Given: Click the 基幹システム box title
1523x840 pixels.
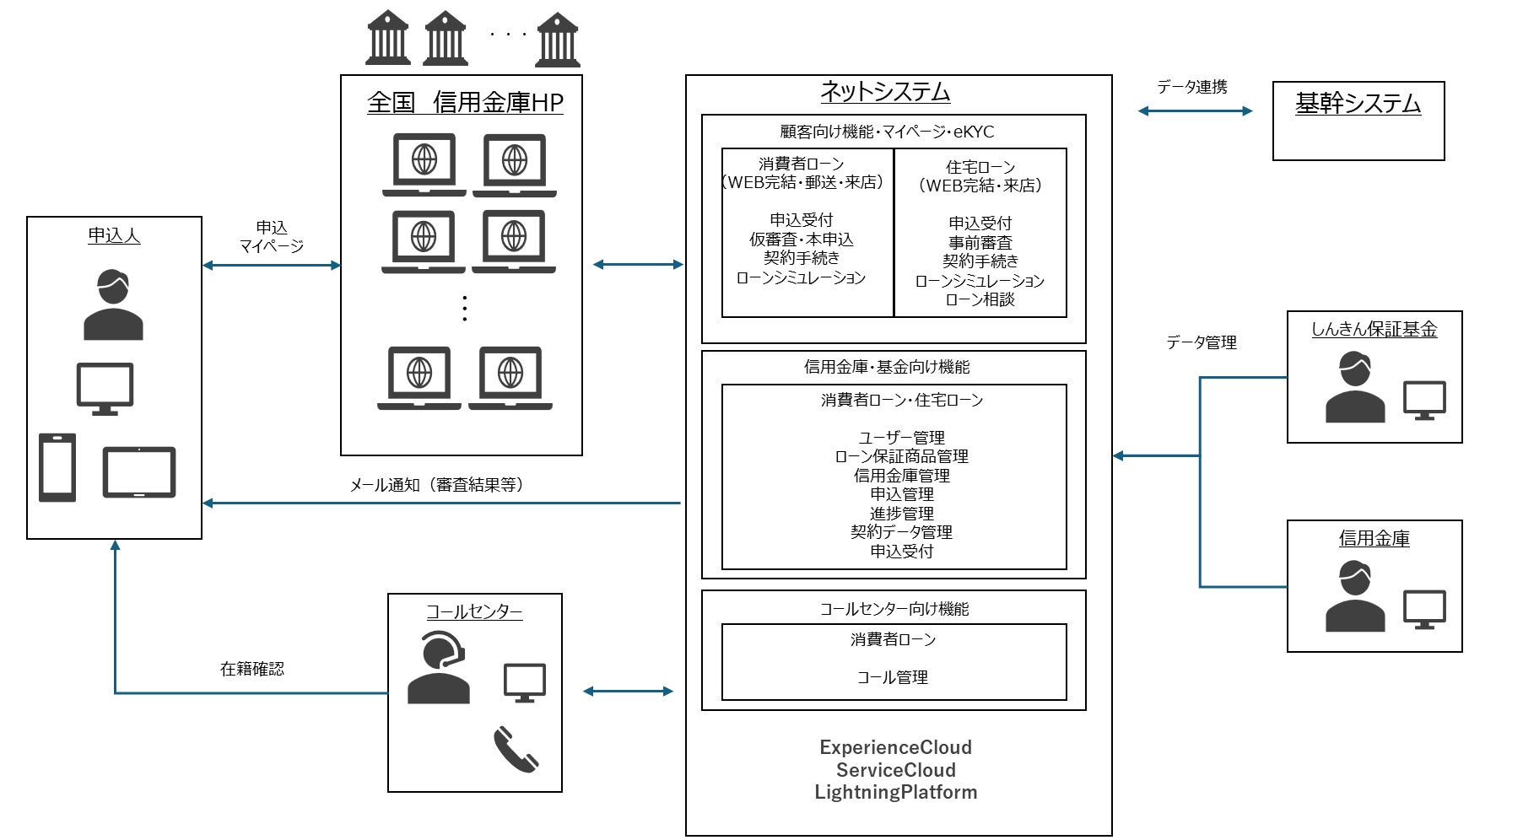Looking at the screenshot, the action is click(1358, 104).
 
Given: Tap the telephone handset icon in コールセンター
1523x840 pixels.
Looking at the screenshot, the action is click(516, 750).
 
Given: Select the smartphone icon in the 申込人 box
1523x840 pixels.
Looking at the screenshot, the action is click(57, 468).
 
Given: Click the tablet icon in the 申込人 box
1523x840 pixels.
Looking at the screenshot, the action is click(139, 472).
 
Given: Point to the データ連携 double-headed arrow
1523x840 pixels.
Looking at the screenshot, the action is click(1195, 110).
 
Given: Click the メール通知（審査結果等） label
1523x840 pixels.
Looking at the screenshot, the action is click(436, 485).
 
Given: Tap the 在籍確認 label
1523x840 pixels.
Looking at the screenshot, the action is click(252, 669).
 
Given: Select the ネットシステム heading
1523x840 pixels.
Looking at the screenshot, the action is click(885, 91).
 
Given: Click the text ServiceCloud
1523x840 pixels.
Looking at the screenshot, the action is click(896, 770).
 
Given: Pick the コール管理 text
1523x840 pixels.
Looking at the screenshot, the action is click(893, 677).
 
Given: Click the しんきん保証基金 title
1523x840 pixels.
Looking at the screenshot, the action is click(1374, 330).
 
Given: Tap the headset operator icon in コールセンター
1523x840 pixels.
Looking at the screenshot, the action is click(438, 667).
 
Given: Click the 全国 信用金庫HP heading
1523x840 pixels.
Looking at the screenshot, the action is click(465, 102).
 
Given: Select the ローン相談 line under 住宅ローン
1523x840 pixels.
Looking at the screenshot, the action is click(980, 299).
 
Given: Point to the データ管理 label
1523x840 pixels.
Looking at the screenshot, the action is click(1202, 342).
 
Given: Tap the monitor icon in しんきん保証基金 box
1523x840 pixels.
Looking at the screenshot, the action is click(1424, 401).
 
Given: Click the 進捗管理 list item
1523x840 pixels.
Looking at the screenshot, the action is click(902, 514).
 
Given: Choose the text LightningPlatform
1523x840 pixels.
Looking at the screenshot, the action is click(896, 793).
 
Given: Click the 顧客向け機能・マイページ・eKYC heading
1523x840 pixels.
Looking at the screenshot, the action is click(887, 132).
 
